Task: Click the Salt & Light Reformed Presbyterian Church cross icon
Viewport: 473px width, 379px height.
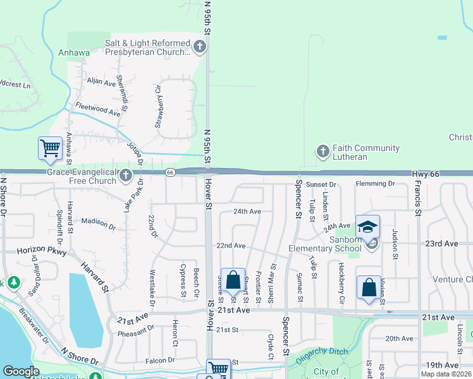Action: click(x=200, y=46)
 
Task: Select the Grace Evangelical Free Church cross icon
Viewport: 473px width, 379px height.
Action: click(x=126, y=176)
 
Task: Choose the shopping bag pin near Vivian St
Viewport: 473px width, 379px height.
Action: click(x=369, y=288)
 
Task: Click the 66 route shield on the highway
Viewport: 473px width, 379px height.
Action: click(x=170, y=172)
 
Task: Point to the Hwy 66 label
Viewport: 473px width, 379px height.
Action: click(x=425, y=173)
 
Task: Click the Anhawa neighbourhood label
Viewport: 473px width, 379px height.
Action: click(x=75, y=52)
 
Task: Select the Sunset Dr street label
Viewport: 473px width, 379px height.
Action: click(x=321, y=184)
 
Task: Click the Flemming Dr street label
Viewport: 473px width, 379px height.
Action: click(x=374, y=184)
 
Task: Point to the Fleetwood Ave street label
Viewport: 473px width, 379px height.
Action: click(x=97, y=111)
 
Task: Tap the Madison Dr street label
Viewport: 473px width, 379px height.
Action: click(x=99, y=223)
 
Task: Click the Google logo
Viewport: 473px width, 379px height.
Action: click(x=21, y=371)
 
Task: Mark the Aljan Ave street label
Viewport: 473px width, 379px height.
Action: click(x=101, y=82)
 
